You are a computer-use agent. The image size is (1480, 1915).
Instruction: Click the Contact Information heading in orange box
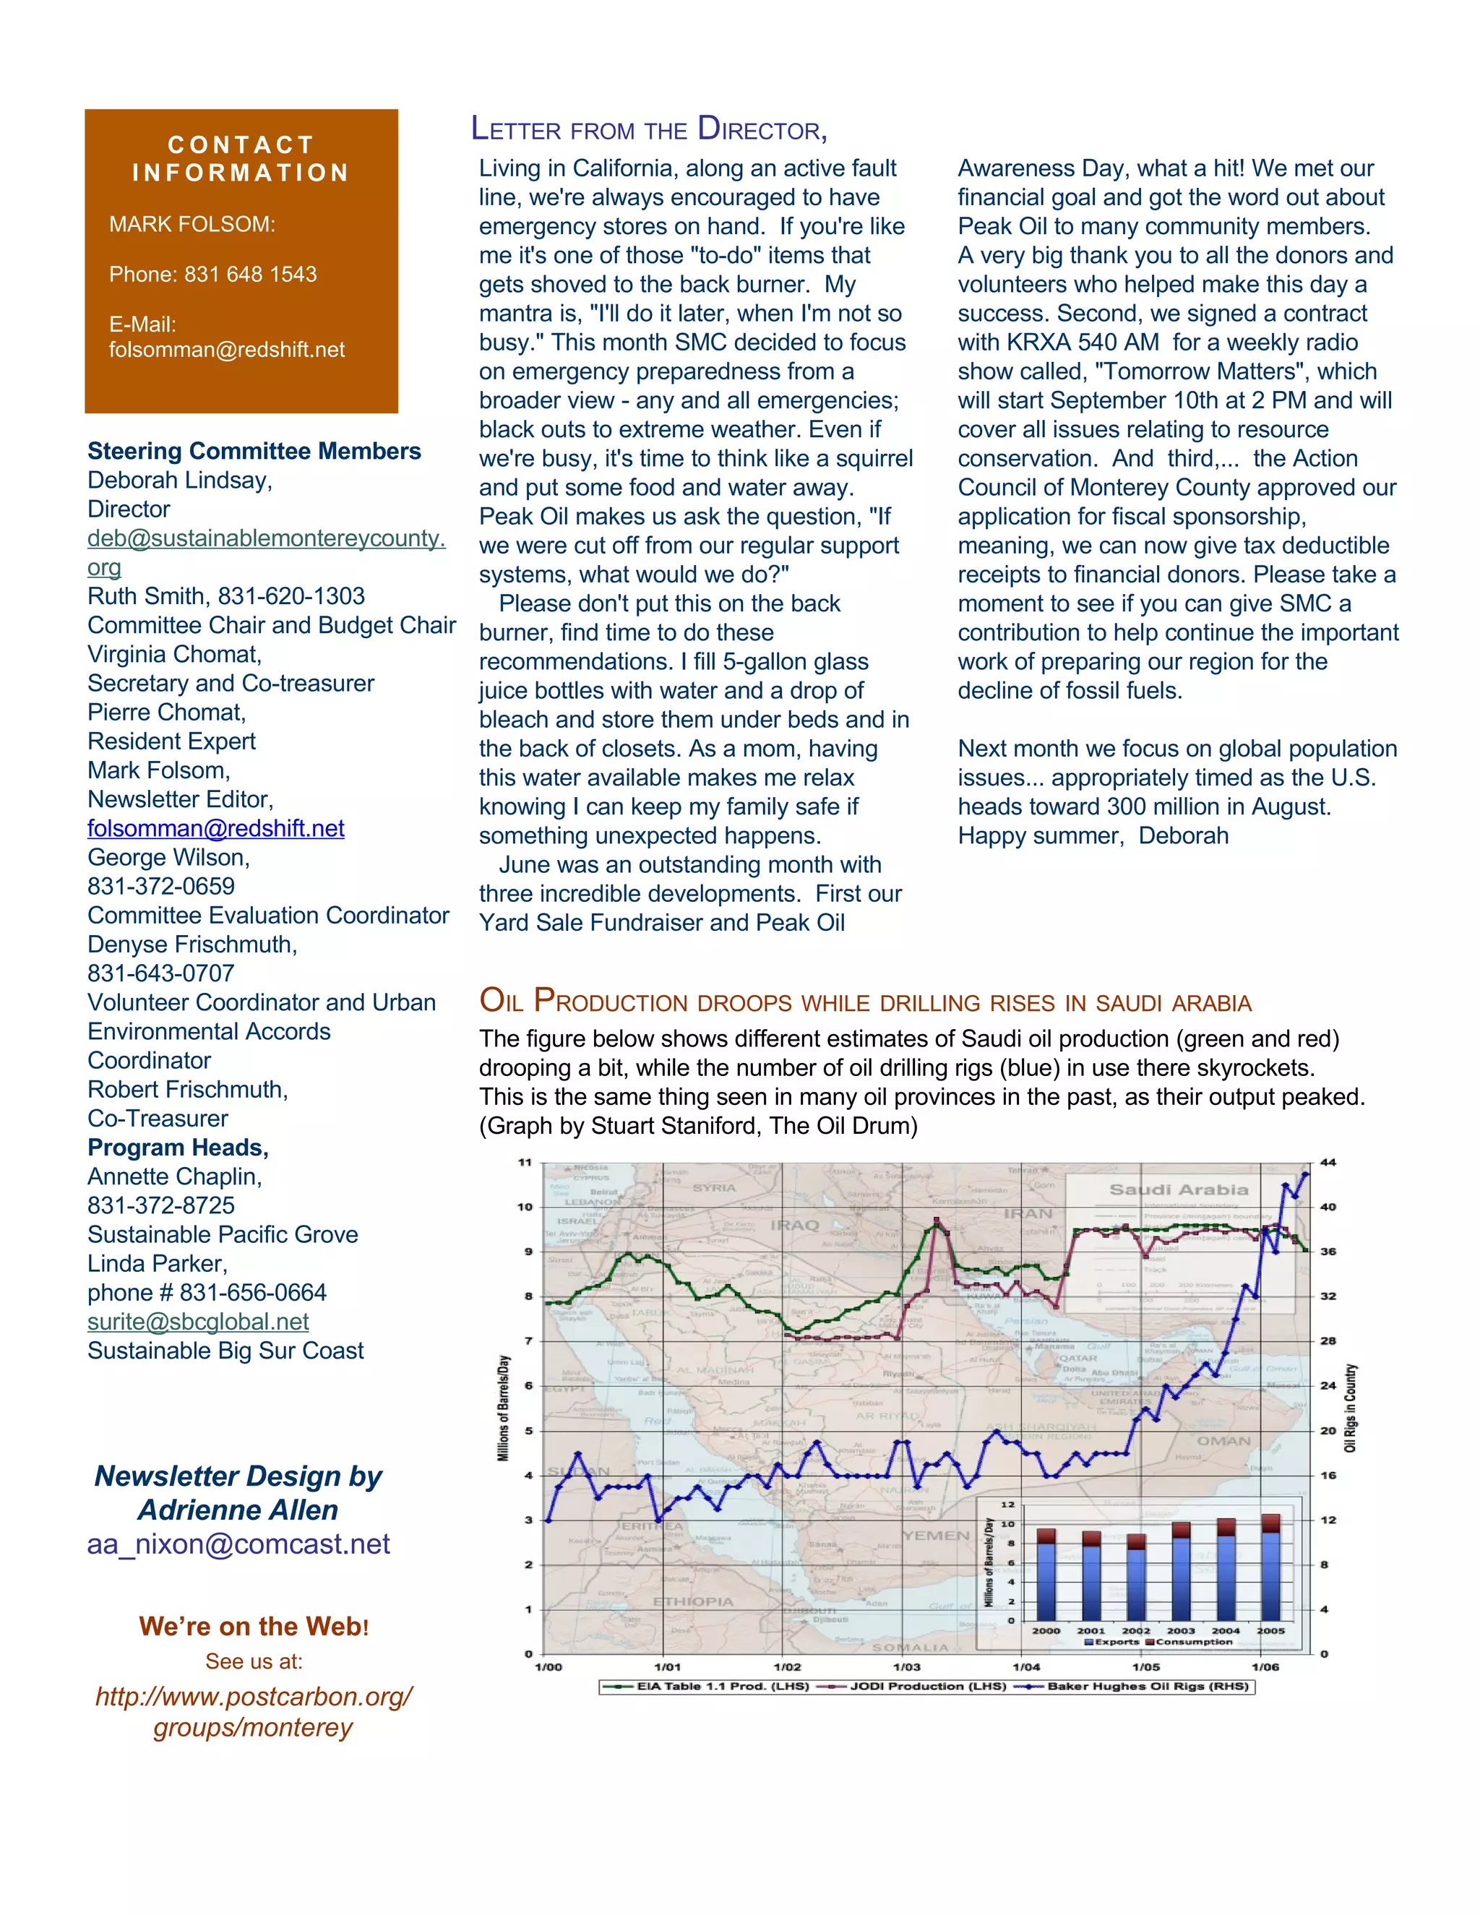click(241, 159)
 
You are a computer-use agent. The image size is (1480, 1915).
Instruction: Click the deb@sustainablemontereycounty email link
click(266, 538)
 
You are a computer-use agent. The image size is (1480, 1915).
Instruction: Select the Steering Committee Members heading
click(254, 451)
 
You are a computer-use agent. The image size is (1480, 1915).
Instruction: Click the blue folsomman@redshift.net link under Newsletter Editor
click(215, 829)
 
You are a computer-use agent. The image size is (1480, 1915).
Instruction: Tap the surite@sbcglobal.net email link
click(198, 1322)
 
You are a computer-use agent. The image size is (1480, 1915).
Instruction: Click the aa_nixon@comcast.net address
click(238, 1544)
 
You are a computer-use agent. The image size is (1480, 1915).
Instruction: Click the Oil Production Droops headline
click(864, 1002)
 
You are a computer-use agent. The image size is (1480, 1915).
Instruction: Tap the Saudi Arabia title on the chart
click(1179, 1190)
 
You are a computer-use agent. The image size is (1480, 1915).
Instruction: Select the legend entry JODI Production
click(926, 1686)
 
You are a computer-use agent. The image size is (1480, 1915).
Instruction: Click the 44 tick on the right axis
click(1328, 1163)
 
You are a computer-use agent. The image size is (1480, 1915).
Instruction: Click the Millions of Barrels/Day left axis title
click(503, 1407)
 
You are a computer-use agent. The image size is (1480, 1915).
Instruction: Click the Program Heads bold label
click(178, 1148)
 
